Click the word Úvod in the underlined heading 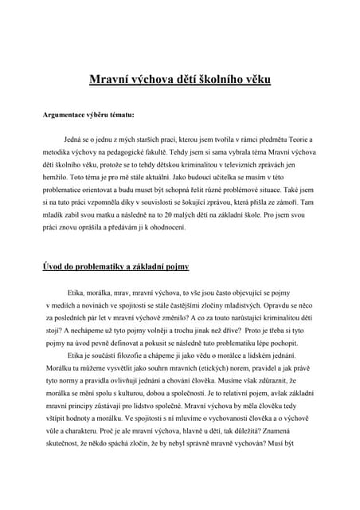click(53, 267)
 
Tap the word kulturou click(150, 398)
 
